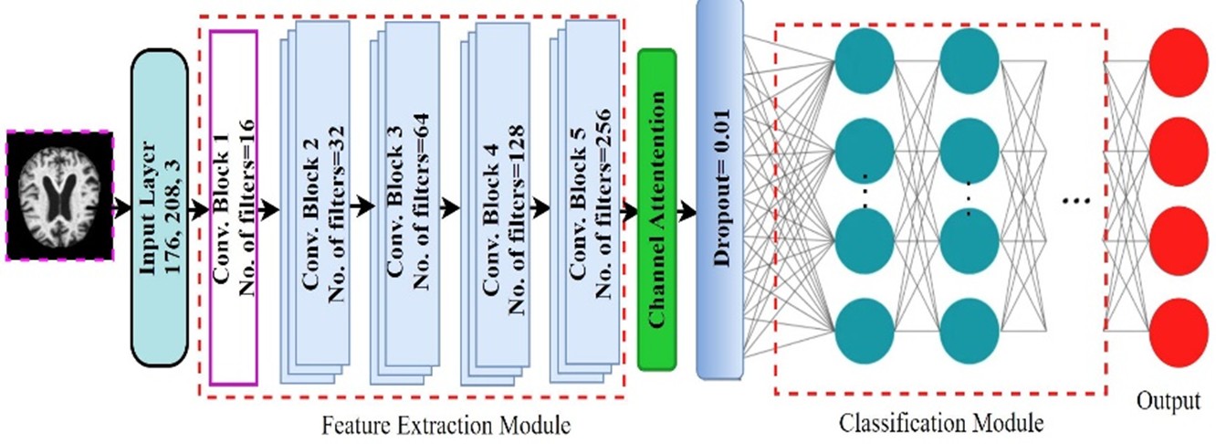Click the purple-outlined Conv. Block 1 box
(x=233, y=206)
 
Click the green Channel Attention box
(x=656, y=209)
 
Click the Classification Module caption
(x=940, y=423)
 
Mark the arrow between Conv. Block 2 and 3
(x=361, y=209)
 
